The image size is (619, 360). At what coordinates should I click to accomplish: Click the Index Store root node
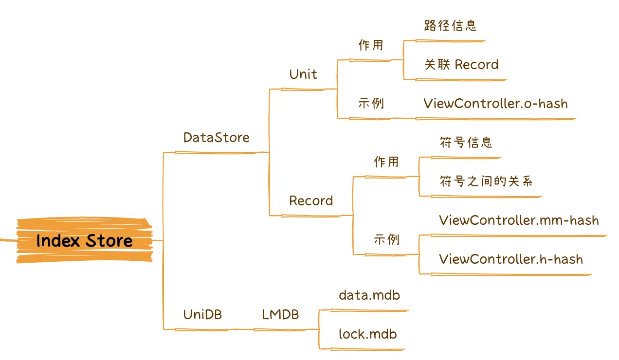[x=84, y=241]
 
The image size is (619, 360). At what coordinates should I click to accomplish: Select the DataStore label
[x=216, y=138]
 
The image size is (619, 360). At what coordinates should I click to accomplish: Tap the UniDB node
[x=202, y=315]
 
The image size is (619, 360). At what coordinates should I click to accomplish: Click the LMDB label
[x=280, y=315]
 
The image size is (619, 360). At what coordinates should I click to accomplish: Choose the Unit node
[x=303, y=74]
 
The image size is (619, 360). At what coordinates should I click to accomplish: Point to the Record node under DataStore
[x=311, y=201]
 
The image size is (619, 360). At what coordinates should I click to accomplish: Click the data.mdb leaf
[x=369, y=295]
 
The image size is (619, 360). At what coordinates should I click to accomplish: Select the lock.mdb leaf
[x=368, y=334]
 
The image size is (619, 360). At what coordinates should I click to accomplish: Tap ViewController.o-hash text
[x=495, y=104]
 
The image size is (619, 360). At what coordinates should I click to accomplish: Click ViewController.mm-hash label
[x=519, y=220]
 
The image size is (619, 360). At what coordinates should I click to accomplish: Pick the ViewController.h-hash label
[x=511, y=259]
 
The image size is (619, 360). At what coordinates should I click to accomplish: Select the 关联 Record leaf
[x=461, y=65]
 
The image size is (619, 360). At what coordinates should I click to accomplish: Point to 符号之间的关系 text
[x=486, y=181]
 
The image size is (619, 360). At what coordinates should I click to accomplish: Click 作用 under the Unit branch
[x=371, y=45]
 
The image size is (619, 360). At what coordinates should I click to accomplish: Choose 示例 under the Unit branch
[x=371, y=104]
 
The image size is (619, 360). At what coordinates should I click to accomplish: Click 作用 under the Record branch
[x=386, y=162]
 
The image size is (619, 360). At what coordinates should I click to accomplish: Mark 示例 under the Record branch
[x=386, y=239]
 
